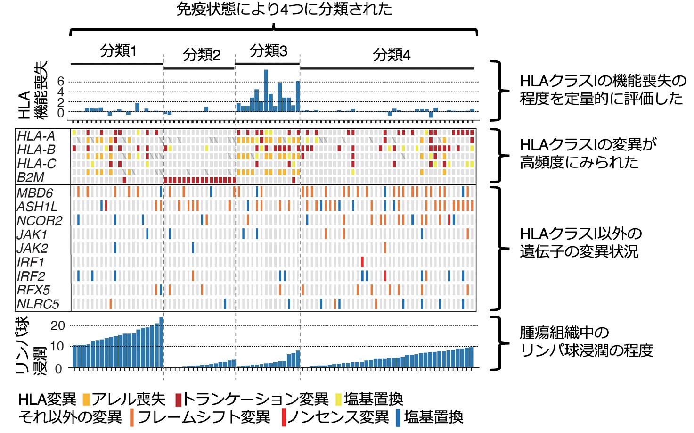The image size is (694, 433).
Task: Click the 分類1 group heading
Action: tap(118, 50)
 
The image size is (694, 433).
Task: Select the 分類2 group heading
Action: tap(202, 55)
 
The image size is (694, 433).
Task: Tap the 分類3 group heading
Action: tap(268, 50)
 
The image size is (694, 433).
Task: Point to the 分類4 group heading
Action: tap(392, 55)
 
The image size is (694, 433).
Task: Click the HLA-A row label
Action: tap(36, 136)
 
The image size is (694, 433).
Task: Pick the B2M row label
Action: tap(31, 177)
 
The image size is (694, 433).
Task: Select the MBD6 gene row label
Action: tap(35, 193)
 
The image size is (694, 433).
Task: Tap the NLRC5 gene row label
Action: tap(38, 304)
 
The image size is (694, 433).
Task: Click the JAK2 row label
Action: tap(32, 248)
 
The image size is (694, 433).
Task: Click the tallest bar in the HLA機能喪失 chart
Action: tap(266, 91)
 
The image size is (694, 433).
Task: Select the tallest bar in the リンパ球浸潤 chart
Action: tap(162, 342)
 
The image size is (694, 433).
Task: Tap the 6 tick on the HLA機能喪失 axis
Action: tap(60, 82)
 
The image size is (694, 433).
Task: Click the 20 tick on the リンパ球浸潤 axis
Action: tap(57, 325)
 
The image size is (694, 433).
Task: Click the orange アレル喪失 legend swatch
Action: tap(86, 400)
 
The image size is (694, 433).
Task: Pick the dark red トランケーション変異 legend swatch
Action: tap(178, 400)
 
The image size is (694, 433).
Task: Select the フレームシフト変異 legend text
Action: tap(204, 417)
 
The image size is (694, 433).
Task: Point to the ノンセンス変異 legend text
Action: tap(338, 417)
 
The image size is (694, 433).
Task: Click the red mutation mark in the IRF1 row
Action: tap(362, 262)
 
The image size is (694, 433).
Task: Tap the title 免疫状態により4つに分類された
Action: tap(284, 9)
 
